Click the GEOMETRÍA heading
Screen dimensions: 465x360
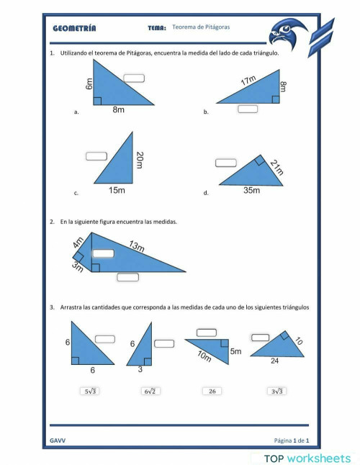pyautogui.click(x=74, y=29)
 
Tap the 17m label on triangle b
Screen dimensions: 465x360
pyautogui.click(x=248, y=81)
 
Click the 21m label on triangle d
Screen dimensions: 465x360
pyautogui.click(x=276, y=168)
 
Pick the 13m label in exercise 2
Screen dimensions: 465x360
pyautogui.click(x=137, y=247)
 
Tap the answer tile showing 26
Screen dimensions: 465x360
pyautogui.click(x=212, y=391)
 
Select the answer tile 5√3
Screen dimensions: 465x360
pyautogui.click(x=90, y=391)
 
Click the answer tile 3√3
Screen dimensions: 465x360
pyautogui.click(x=276, y=391)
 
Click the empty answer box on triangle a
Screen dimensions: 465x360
pyautogui.click(x=133, y=78)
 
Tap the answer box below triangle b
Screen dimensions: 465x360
pyautogui.click(x=248, y=109)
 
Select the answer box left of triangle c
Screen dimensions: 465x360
pyautogui.click(x=96, y=155)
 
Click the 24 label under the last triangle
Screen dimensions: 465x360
pyautogui.click(x=274, y=361)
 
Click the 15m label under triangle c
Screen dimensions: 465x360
pyautogui.click(x=117, y=191)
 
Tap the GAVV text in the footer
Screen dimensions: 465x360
pyautogui.click(x=58, y=439)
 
